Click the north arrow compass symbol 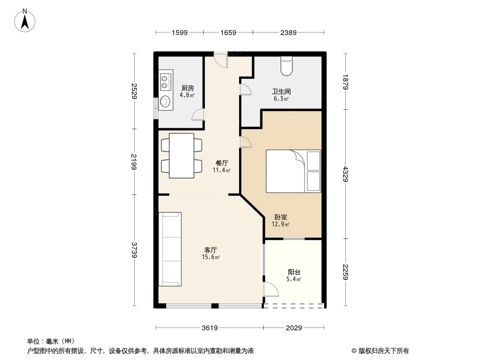(25, 21)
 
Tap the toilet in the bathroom (286, 66)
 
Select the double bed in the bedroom (293, 171)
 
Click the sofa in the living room (170, 249)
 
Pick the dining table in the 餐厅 (181, 155)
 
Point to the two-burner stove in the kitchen (166, 80)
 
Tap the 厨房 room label (187, 88)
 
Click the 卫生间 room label (281, 91)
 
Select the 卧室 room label (281, 217)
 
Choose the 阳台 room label (294, 272)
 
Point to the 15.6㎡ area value (211, 257)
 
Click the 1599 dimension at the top (179, 32)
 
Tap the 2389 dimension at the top (288, 32)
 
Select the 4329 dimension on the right (346, 174)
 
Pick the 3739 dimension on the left (134, 250)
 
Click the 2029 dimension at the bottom (294, 328)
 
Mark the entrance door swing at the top (221, 60)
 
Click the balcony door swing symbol (271, 289)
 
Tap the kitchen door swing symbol (198, 114)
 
